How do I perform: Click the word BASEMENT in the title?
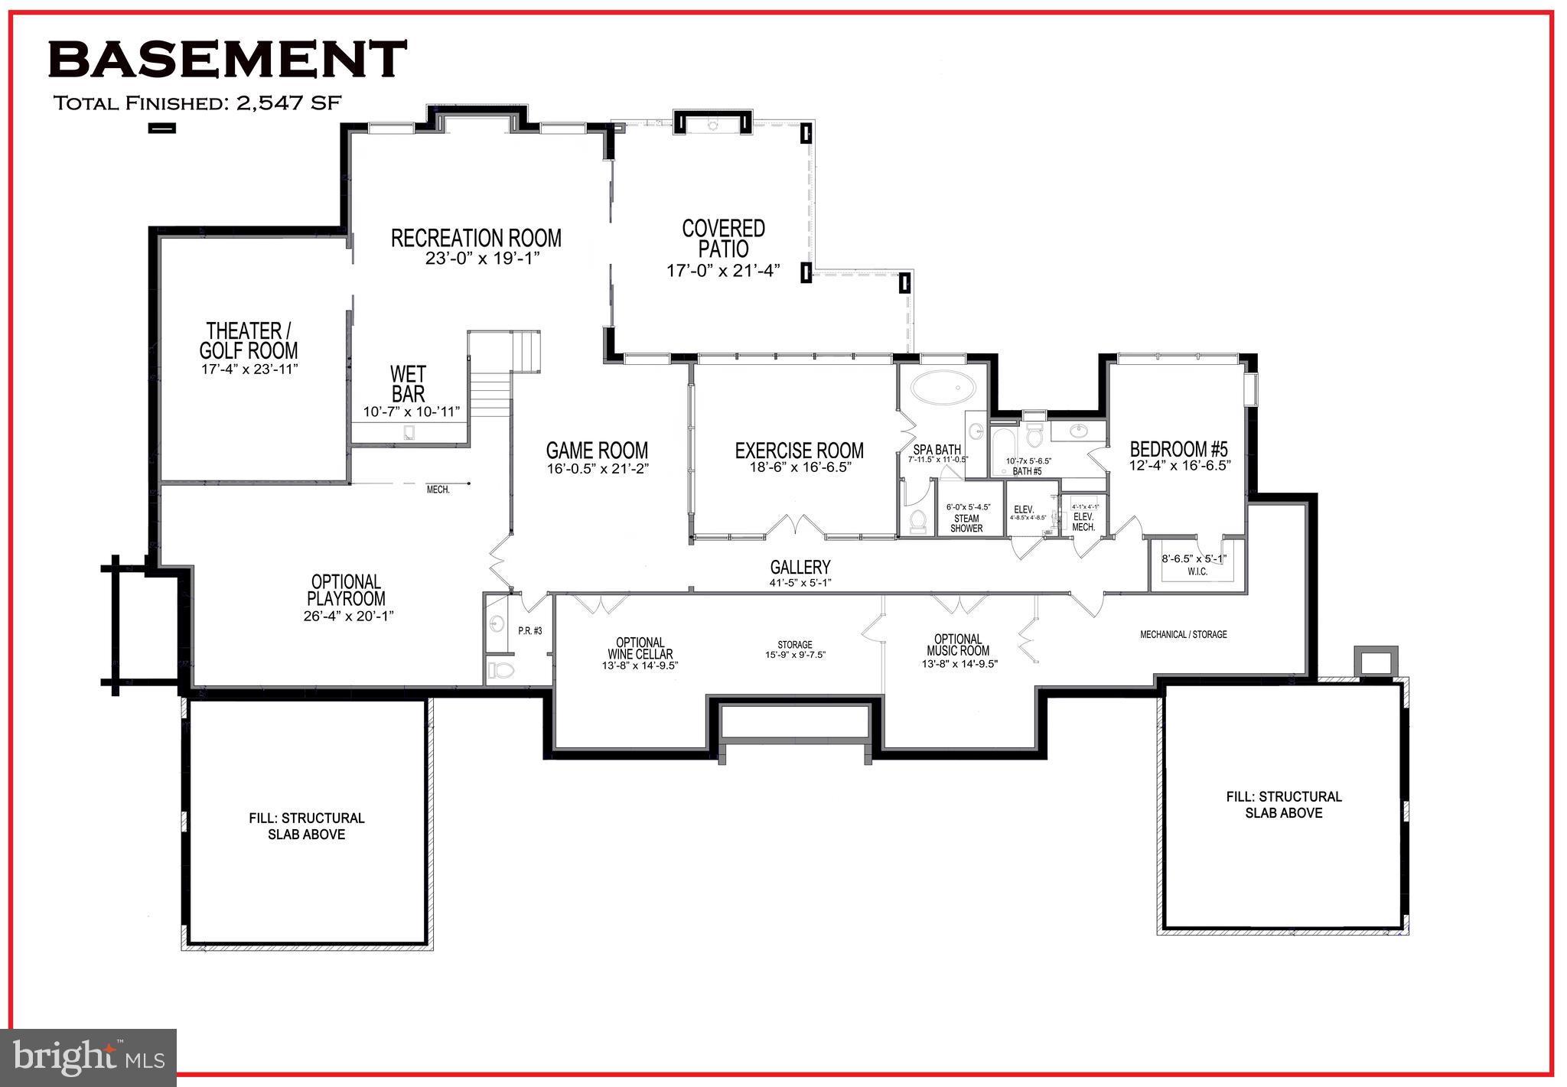tap(227, 59)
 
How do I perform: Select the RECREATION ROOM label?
tap(476, 238)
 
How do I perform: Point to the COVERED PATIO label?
tap(723, 238)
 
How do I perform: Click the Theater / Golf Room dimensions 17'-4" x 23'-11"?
tap(249, 369)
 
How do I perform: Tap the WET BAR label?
tap(408, 384)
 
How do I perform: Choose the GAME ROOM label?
tap(597, 451)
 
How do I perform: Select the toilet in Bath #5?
tap(1034, 436)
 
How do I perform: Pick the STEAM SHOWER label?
tap(966, 523)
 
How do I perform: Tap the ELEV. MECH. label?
tap(1083, 522)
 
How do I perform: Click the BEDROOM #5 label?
tap(1178, 449)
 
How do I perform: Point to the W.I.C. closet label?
tap(1197, 571)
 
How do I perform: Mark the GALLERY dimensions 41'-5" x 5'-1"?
tap(800, 583)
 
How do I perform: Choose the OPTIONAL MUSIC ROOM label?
tap(958, 645)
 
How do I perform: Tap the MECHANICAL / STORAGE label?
tap(1183, 634)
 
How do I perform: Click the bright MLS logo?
tap(89, 1057)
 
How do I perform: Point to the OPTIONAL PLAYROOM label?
tap(347, 590)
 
